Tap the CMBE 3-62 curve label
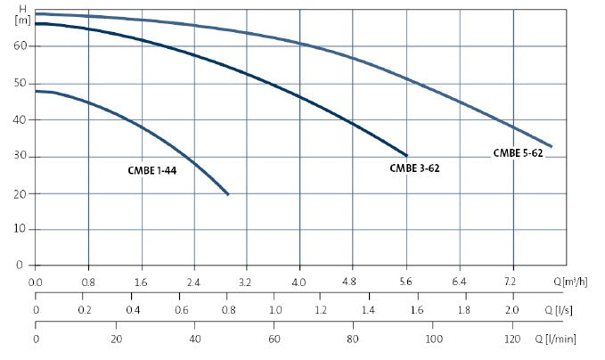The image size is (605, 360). coord(414,168)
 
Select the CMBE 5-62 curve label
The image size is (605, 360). coord(518,153)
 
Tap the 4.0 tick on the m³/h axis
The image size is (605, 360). coord(299,282)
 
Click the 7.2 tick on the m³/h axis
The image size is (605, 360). coord(511,282)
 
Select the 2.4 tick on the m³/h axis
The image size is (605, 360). coord(194,282)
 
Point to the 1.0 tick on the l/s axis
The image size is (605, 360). coord(274,311)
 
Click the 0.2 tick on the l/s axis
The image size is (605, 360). coord(85,311)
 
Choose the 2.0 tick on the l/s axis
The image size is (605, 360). coord(511,311)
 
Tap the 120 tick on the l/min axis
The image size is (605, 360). coord(511,340)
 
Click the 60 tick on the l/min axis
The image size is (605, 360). coord(274,340)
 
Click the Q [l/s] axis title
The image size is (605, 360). coord(559,311)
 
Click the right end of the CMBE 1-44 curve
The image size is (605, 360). coord(228,194)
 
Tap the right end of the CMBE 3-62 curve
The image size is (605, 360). coord(406,155)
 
